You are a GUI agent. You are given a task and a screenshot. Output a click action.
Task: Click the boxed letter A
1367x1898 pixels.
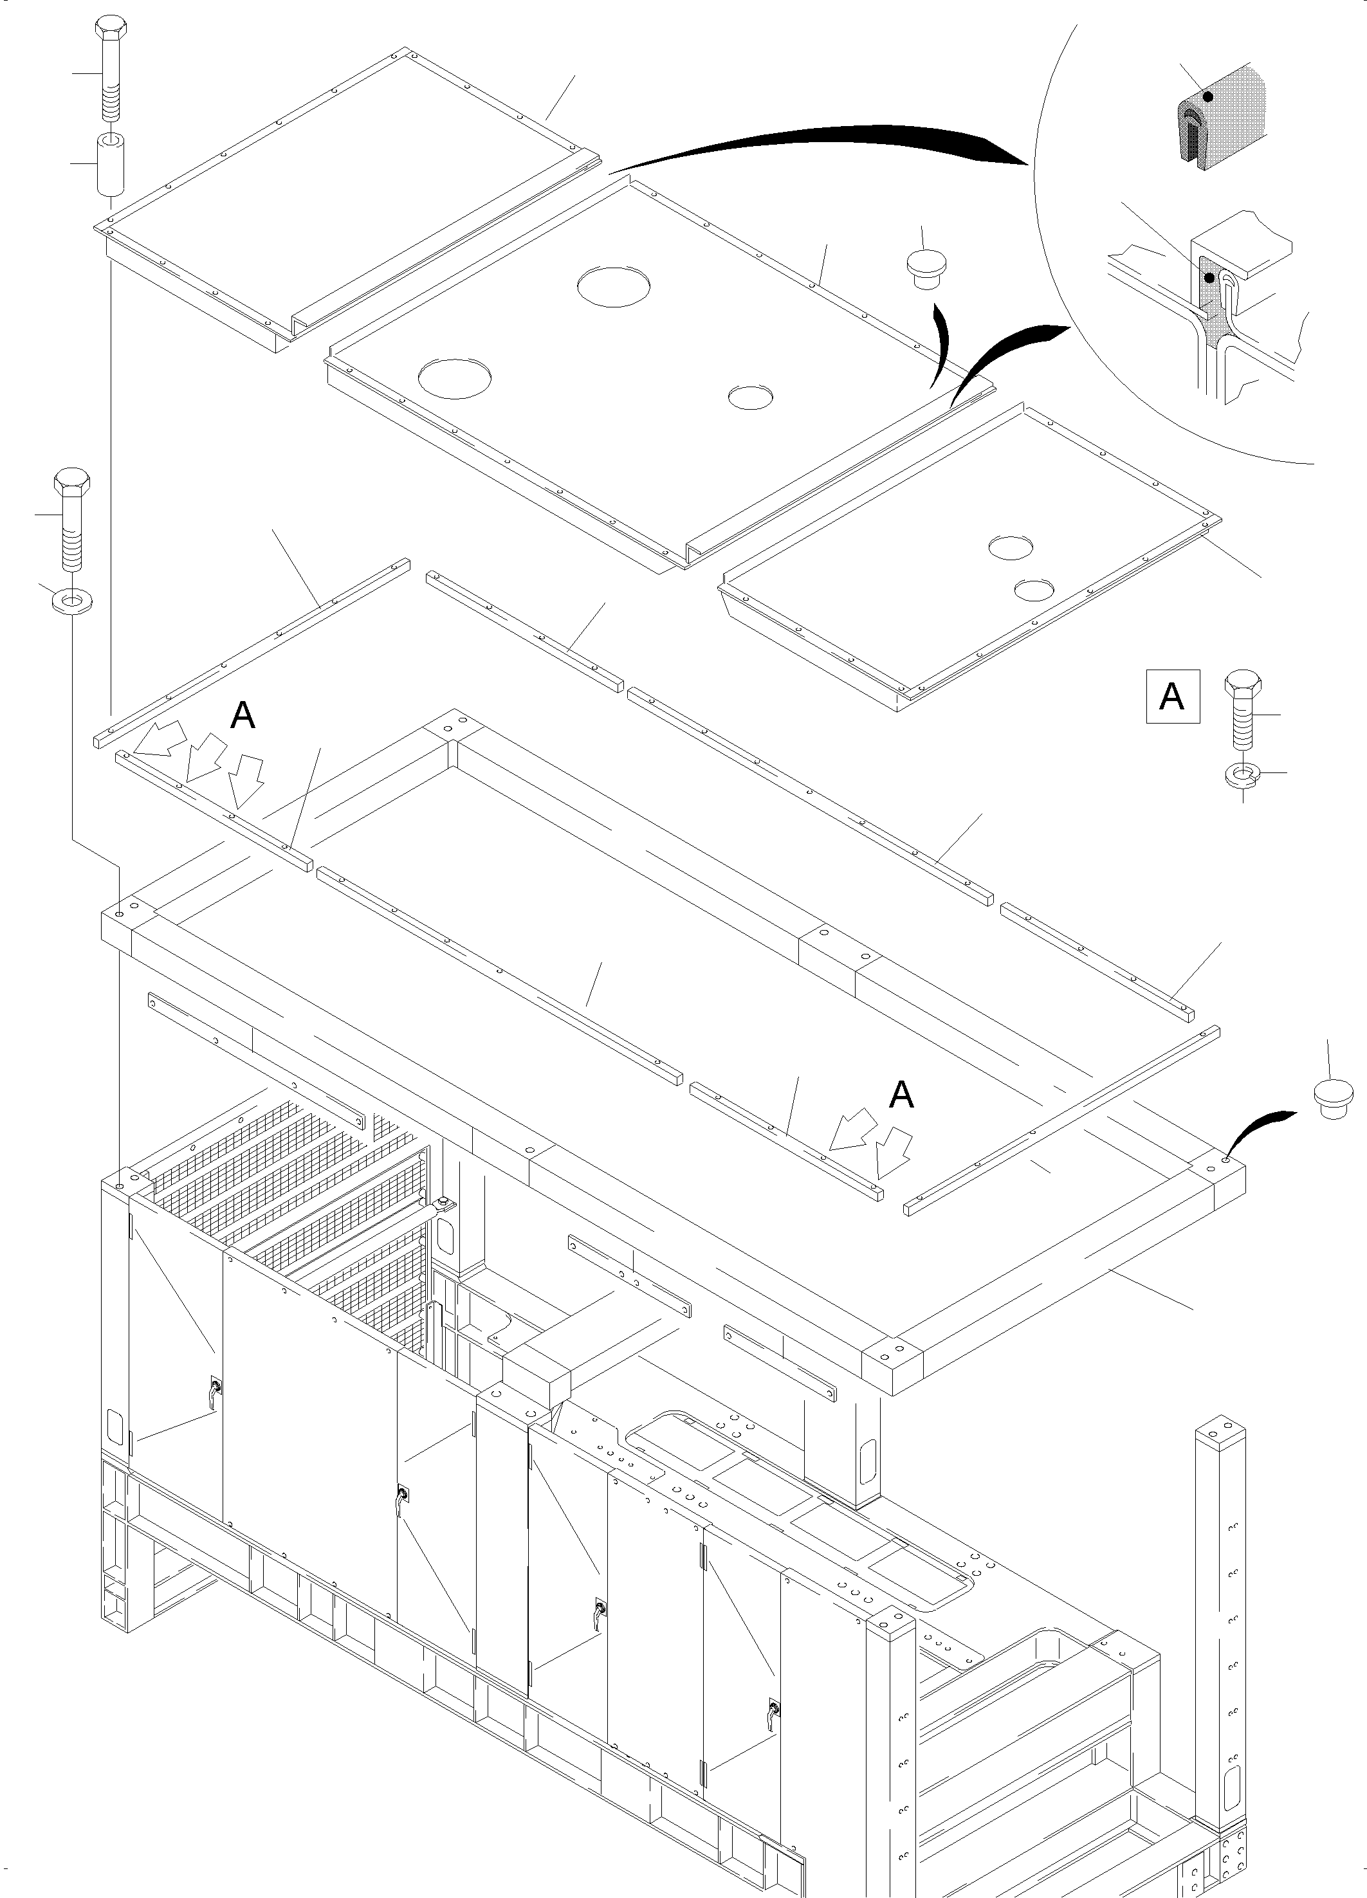(x=1172, y=697)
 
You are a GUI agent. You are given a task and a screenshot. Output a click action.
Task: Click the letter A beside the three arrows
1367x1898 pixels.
(x=243, y=715)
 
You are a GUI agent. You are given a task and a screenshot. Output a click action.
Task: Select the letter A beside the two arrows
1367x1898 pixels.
(x=901, y=1095)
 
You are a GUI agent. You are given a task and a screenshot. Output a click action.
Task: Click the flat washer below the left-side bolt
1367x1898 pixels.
(x=73, y=599)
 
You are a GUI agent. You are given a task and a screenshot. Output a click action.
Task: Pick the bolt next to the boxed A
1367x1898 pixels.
(x=1242, y=709)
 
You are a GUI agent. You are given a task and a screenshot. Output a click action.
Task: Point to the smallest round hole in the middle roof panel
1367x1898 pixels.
(x=750, y=397)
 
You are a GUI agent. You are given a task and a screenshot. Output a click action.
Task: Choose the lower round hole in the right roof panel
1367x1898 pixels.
(x=1032, y=590)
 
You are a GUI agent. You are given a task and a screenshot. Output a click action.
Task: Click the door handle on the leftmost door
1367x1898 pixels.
(x=215, y=1390)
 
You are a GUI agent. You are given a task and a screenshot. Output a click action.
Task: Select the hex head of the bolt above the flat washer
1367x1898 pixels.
(x=73, y=483)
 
